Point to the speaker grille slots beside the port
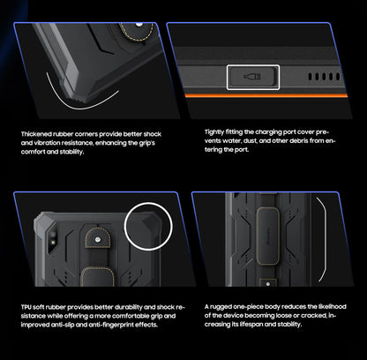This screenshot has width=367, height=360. [x=321, y=77]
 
